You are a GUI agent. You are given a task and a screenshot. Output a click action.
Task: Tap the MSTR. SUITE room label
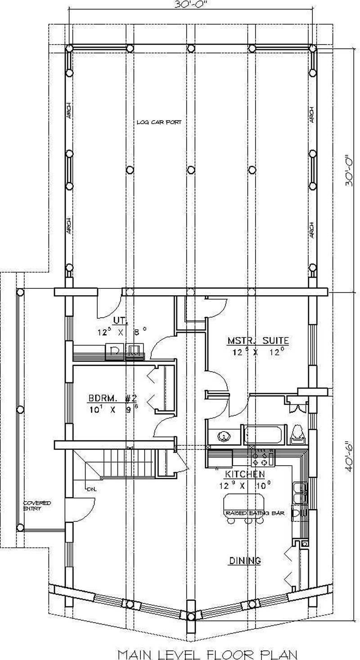[x=258, y=341]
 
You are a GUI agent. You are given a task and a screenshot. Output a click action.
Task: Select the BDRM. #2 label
[x=112, y=399]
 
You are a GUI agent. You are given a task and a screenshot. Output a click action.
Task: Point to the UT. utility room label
[x=120, y=321]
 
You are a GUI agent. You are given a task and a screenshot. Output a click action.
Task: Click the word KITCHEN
[x=245, y=474]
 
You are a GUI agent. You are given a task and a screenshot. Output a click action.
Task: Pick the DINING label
[x=245, y=561]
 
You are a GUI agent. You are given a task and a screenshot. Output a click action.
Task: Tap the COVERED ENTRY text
[x=37, y=505]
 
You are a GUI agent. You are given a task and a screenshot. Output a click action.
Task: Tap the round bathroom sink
[x=223, y=436]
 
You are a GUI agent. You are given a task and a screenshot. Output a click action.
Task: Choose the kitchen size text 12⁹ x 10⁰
[x=245, y=485]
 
